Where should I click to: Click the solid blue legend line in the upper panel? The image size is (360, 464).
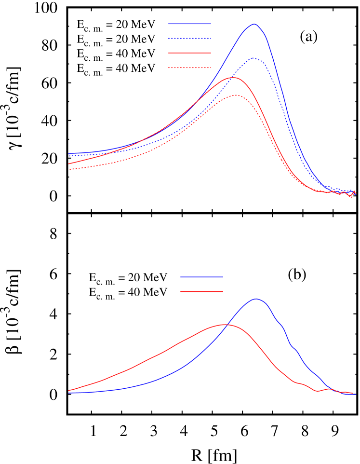point(189,24)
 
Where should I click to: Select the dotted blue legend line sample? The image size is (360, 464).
point(189,38)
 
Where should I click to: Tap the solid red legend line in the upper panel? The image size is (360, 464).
point(189,53)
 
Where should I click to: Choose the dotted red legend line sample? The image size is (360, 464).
point(189,68)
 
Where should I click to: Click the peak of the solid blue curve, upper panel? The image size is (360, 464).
point(254,24)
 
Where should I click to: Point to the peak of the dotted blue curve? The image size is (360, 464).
point(253,58)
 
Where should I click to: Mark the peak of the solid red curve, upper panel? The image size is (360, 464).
point(233,77)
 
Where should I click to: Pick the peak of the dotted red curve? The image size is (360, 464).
point(236,95)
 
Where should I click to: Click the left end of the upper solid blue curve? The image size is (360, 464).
point(69,153)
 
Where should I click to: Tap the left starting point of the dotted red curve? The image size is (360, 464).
point(69,170)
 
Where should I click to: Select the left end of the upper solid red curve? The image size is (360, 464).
point(69,164)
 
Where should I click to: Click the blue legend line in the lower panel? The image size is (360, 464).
point(201,277)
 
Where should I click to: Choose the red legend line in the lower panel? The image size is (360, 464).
point(201,291)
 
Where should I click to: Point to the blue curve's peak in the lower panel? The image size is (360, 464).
point(256,299)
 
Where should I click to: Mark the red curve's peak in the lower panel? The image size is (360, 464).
point(225,324)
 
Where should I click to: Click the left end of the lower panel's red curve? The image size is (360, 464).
point(69,390)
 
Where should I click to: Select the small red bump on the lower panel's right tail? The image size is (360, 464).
point(329,388)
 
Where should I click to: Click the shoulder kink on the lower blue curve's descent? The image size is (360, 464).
point(293,347)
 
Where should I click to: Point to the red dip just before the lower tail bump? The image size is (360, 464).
point(317,391)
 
